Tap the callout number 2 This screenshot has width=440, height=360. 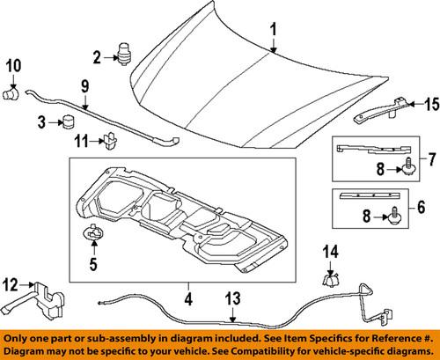(99, 59)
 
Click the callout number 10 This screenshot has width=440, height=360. (13, 65)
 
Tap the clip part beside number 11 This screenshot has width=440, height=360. (110, 139)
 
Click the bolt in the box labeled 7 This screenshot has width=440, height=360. (407, 170)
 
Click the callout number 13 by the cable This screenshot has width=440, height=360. (231, 299)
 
